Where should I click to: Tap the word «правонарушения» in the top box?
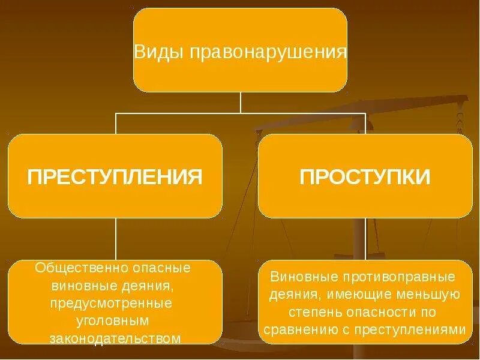(268, 52)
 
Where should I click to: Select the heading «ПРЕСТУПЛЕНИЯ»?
(115, 177)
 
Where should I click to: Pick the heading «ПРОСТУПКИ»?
(365, 177)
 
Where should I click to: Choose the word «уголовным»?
(115, 320)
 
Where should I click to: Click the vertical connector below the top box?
(240, 102)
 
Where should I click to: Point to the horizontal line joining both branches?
(180, 113)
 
